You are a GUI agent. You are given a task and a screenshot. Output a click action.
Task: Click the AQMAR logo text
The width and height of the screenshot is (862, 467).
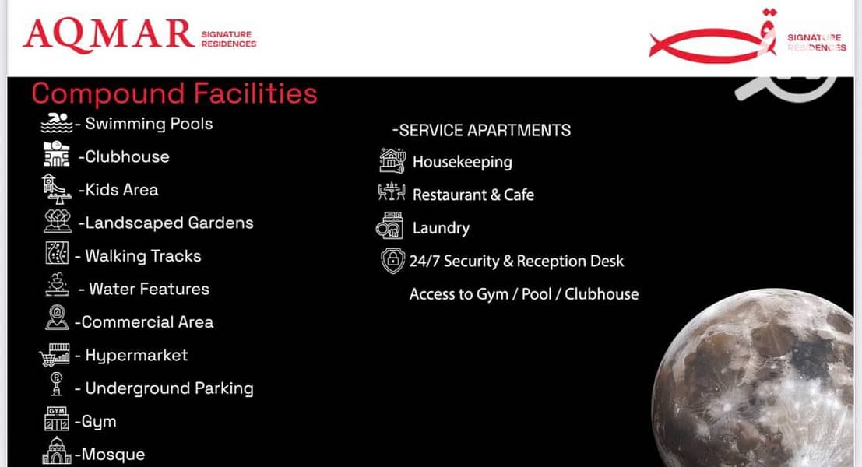[x=109, y=34]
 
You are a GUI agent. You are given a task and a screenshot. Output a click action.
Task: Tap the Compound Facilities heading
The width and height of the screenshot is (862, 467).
[x=174, y=93]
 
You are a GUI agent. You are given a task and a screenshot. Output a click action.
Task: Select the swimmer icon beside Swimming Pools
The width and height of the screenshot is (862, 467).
[x=57, y=122]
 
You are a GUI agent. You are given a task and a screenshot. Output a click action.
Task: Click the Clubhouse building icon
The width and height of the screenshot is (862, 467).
[x=57, y=154]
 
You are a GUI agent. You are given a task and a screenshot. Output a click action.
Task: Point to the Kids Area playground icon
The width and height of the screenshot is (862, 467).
[x=56, y=189]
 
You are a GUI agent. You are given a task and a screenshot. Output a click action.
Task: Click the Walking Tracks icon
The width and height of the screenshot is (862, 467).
[x=57, y=253]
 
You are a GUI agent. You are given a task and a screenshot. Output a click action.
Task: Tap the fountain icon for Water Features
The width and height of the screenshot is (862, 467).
[x=57, y=285]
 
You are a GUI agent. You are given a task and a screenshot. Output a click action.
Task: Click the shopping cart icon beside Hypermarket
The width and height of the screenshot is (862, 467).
[x=55, y=355]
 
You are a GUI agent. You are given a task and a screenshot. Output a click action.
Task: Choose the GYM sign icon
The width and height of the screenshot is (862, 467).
[x=57, y=419]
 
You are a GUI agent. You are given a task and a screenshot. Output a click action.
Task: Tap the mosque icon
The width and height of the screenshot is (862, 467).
[x=57, y=451]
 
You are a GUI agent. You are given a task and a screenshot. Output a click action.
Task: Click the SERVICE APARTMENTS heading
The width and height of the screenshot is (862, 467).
[x=481, y=130]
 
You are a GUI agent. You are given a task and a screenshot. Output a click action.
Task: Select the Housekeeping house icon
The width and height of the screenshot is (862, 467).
[x=392, y=160]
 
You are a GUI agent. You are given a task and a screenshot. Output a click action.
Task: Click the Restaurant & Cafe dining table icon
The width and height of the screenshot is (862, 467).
[x=392, y=191]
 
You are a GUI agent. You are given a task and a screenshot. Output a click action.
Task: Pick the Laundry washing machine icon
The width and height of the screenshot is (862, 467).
[x=390, y=226]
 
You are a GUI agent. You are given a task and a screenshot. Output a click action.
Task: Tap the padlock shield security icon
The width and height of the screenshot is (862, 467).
[x=392, y=260]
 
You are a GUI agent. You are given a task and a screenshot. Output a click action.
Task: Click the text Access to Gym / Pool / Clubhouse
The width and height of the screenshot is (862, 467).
[x=524, y=294]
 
